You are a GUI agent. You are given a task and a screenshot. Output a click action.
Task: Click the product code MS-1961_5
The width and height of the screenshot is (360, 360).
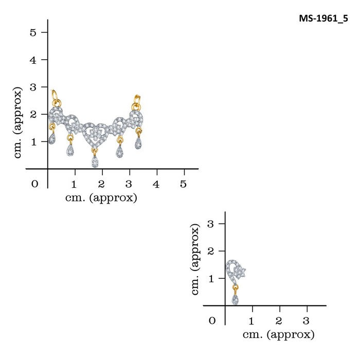(x=323, y=19)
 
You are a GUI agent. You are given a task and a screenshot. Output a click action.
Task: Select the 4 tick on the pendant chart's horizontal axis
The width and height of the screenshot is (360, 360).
(x=156, y=184)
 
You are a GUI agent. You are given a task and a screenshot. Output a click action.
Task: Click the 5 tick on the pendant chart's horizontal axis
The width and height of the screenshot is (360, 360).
(x=184, y=184)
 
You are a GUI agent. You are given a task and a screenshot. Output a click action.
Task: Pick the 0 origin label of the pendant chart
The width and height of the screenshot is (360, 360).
(x=34, y=184)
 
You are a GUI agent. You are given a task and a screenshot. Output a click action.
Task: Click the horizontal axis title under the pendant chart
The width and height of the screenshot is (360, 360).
(x=102, y=197)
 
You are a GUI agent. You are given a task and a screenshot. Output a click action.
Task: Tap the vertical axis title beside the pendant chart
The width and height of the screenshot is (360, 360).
(x=19, y=122)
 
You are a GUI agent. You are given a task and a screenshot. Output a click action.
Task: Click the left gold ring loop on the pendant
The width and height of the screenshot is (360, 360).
(x=55, y=96)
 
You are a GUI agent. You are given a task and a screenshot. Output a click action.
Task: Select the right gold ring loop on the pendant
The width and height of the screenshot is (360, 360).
(x=137, y=100)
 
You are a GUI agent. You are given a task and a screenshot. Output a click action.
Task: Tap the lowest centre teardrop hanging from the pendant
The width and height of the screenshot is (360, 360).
(x=95, y=161)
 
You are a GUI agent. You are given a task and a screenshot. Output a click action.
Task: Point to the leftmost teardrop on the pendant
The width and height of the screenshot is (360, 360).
(x=52, y=139)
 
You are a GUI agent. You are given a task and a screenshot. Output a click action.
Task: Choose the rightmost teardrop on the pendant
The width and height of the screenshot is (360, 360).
(x=138, y=143)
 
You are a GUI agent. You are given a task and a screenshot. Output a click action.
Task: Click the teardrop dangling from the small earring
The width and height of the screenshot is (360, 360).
(x=235, y=299)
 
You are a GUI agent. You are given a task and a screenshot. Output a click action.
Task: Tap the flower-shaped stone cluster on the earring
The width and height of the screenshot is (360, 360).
(x=241, y=271)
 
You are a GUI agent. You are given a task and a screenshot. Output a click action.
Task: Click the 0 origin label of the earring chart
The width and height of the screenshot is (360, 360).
(x=212, y=321)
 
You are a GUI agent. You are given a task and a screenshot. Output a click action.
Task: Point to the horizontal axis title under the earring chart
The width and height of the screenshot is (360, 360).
(x=278, y=335)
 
